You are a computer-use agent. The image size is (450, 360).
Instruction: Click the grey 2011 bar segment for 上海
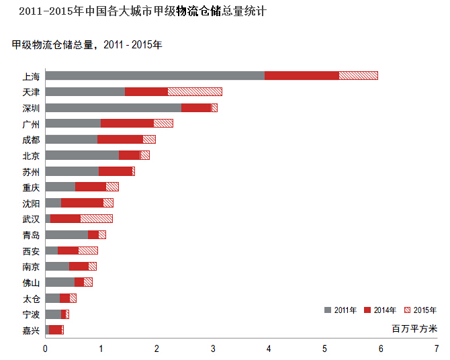154,75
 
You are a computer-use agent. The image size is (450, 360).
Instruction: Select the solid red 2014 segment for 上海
302,75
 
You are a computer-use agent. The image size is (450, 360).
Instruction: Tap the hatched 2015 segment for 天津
195,91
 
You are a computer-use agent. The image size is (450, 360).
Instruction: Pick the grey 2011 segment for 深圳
113,107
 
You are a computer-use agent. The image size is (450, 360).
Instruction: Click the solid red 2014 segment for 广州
127,124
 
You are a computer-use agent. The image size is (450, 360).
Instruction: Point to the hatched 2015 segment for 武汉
96,218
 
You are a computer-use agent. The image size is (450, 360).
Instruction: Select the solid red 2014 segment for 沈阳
82,202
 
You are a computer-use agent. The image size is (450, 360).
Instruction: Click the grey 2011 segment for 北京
82,155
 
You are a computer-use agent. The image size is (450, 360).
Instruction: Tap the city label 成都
31,140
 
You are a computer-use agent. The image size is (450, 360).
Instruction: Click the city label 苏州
31,171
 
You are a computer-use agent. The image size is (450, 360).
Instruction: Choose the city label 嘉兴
31,330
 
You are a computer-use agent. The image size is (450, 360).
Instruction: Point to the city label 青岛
31,235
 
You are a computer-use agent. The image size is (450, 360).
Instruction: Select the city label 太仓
31,298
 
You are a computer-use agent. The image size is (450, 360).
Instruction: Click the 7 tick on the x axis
437,349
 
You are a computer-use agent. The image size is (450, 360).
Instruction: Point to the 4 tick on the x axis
269,349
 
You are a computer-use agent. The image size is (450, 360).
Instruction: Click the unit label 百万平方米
414,329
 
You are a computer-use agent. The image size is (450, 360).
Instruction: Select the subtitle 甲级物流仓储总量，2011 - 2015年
87,45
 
